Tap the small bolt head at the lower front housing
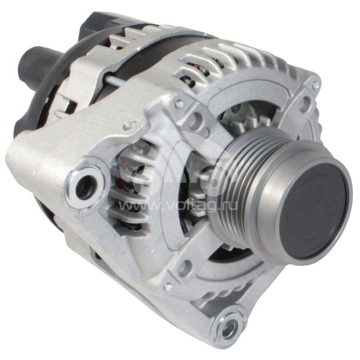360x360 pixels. click(x=168, y=286)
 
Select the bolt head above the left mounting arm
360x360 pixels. click(x=180, y=104)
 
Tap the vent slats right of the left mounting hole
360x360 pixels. click(x=128, y=189)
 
